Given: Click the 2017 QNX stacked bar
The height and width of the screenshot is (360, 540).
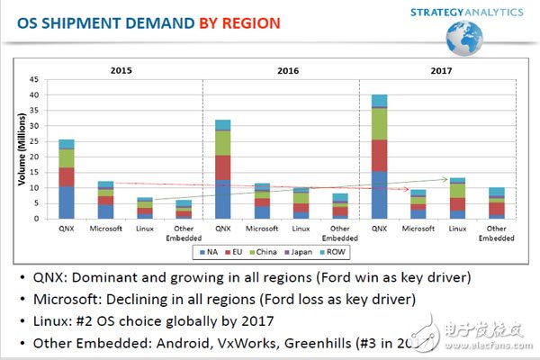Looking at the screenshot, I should click(379, 157).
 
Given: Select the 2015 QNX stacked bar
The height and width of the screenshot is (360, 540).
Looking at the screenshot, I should click(67, 180).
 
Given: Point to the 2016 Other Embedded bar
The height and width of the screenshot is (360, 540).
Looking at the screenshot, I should click(340, 206).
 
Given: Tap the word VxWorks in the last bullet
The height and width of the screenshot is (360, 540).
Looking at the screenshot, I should click(303, 343).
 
